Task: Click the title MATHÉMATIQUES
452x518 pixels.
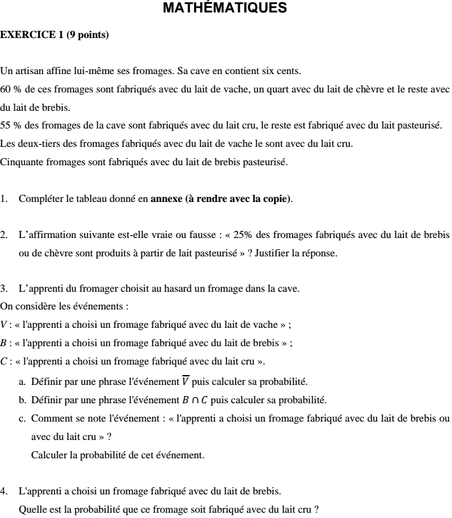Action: pos(224,9)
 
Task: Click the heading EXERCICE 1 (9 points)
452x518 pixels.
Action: pos(54,35)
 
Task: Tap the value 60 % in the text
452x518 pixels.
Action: pos(10,89)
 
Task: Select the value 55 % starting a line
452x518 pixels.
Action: pos(10,125)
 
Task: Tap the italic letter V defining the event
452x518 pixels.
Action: pos(5,325)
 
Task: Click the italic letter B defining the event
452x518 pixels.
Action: pos(4,343)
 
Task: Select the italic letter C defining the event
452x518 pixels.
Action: pos(4,361)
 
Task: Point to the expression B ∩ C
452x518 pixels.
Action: pos(195,400)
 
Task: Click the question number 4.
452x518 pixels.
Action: pos(4,490)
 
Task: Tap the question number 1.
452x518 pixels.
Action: pos(4,199)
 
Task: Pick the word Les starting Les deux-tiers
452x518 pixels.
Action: pos(8,144)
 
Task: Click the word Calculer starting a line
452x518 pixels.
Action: pos(50,454)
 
